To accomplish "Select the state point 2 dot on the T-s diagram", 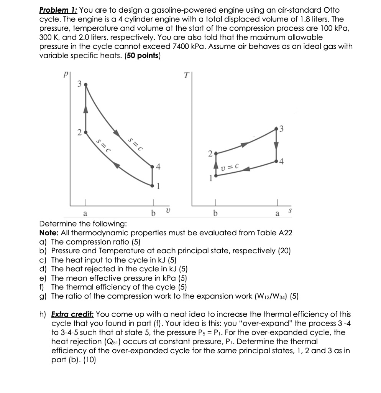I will [x=215, y=153].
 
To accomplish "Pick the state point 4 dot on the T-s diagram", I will [x=276, y=160].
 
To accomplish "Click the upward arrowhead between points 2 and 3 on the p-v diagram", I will [x=85, y=110].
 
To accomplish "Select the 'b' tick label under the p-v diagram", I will [x=153, y=213].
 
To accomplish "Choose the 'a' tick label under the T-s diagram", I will [x=277, y=213].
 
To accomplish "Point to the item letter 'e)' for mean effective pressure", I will [x=43, y=278].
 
